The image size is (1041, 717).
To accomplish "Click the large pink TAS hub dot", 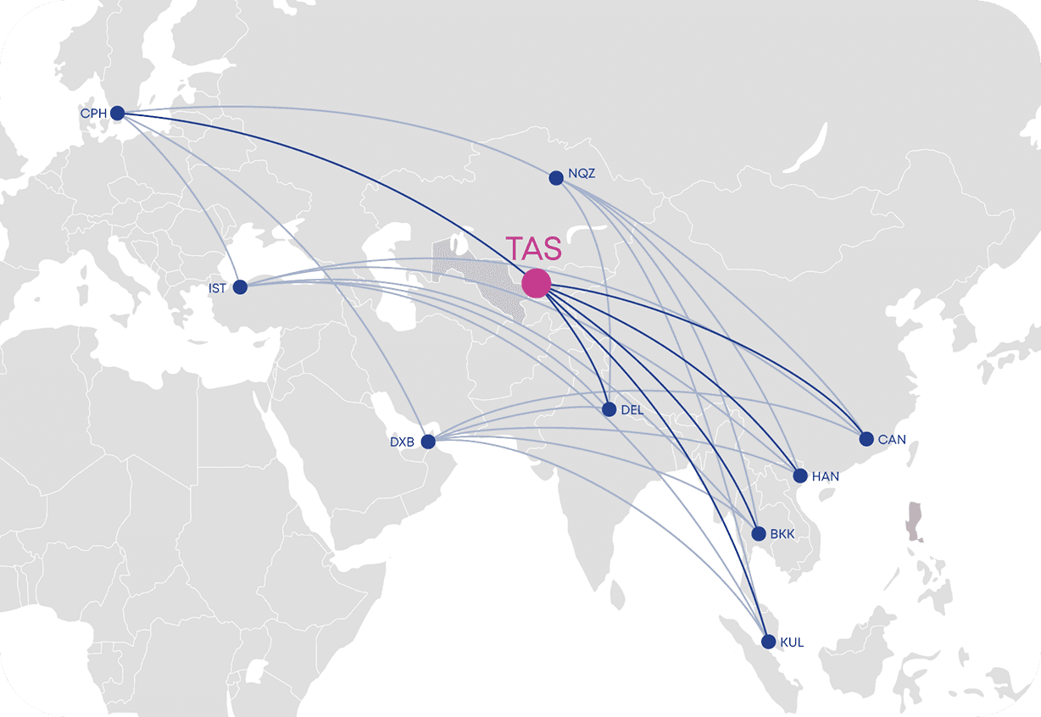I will tap(536, 283).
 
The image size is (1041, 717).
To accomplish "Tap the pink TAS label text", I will tap(534, 249).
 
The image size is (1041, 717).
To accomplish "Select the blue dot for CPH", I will tap(117, 113).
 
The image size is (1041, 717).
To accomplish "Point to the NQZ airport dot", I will tap(556, 178).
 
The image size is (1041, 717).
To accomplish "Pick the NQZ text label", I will tap(582, 174).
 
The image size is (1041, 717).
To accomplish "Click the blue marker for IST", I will tap(240, 287).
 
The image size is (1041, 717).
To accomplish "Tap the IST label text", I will tap(218, 289).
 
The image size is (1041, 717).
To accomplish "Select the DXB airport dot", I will tap(428, 442).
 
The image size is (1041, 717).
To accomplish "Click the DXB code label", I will tap(402, 442).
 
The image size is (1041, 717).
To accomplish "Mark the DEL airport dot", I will tap(609, 409).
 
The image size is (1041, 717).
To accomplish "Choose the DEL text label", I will tap(632, 410).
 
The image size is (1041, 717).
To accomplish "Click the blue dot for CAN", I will tap(866, 439).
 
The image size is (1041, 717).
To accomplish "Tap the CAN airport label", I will tap(892, 440).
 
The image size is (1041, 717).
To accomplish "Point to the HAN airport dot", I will tap(799, 475).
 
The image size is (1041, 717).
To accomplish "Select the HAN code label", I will tap(826, 476).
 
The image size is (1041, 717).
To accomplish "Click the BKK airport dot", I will tap(759, 534).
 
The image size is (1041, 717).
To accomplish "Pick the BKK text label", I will tap(782, 535).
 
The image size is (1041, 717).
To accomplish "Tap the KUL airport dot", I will tap(769, 642).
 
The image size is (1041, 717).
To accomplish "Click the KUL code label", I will tap(792, 643).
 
